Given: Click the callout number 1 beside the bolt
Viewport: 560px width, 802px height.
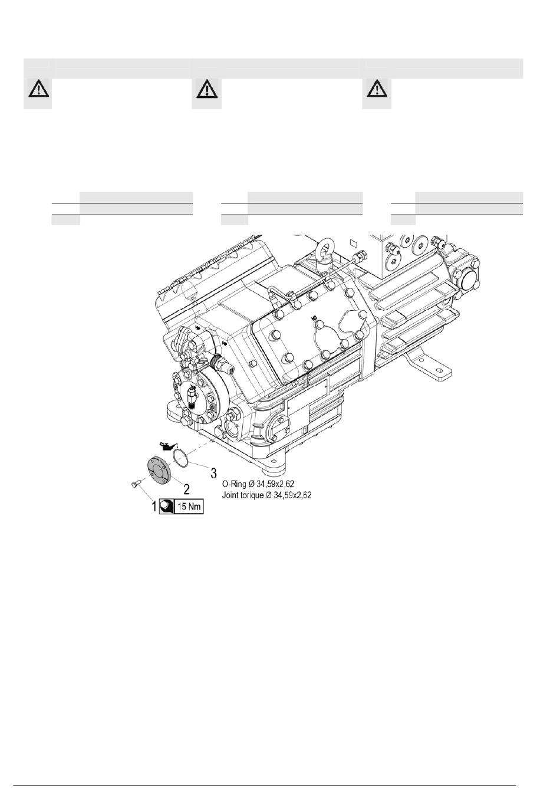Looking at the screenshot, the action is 156,506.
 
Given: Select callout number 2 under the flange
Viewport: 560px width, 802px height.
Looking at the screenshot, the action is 186,488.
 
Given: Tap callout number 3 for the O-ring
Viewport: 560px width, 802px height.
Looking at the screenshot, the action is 214,473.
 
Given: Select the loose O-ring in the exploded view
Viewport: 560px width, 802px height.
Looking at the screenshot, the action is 181,457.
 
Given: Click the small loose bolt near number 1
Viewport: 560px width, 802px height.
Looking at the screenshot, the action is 134,484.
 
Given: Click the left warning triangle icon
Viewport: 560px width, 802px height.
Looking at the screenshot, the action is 38,90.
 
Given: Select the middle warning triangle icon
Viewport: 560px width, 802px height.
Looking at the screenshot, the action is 206,90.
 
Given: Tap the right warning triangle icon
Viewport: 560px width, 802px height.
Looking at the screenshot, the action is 376,90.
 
